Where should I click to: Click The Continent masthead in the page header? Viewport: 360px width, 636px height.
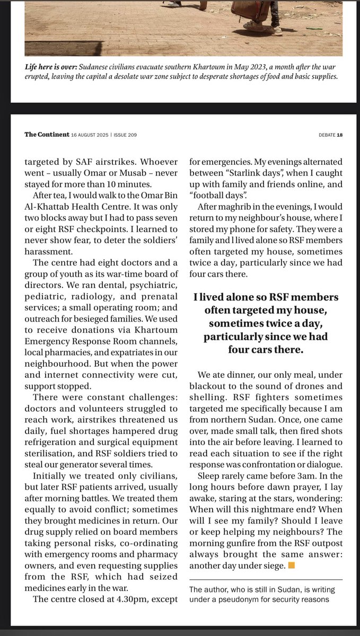pos(47,135)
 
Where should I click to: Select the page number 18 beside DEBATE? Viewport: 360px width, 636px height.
pos(340,135)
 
